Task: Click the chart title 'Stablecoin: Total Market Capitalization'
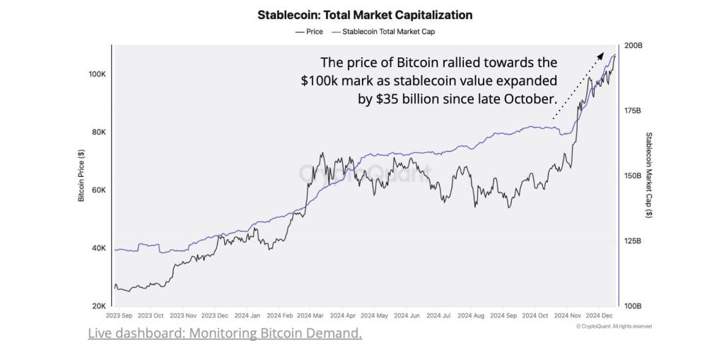click(x=364, y=14)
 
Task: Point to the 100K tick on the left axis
click(x=97, y=74)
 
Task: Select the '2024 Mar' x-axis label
click(x=312, y=315)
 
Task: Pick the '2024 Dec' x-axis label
click(x=601, y=315)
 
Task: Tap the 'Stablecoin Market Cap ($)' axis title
click(x=648, y=175)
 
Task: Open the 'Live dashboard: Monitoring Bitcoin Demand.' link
click(x=225, y=333)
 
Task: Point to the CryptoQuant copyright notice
click(x=613, y=326)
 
